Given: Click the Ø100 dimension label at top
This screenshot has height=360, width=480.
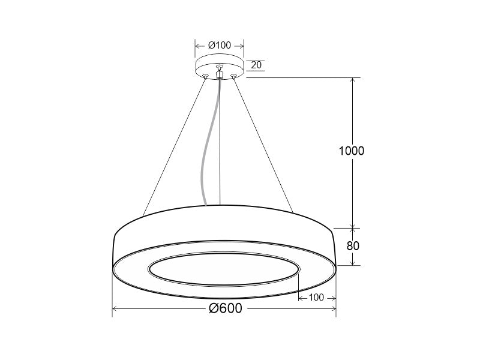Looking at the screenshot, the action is [x=220, y=46].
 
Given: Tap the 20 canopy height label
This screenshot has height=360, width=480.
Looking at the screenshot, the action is [x=256, y=65].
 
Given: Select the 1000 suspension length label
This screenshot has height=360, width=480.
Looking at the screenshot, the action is [x=352, y=151].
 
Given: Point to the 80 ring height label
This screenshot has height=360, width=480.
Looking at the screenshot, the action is [x=353, y=245].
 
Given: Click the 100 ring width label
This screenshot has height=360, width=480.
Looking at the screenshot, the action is [x=316, y=297].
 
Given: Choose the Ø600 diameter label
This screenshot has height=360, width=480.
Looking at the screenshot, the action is [x=226, y=308].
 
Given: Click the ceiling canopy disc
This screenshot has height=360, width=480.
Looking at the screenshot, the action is [x=220, y=67].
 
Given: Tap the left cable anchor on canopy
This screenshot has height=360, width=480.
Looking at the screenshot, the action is [x=205, y=76].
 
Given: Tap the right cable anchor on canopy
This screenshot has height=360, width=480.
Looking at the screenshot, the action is [x=233, y=76].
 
